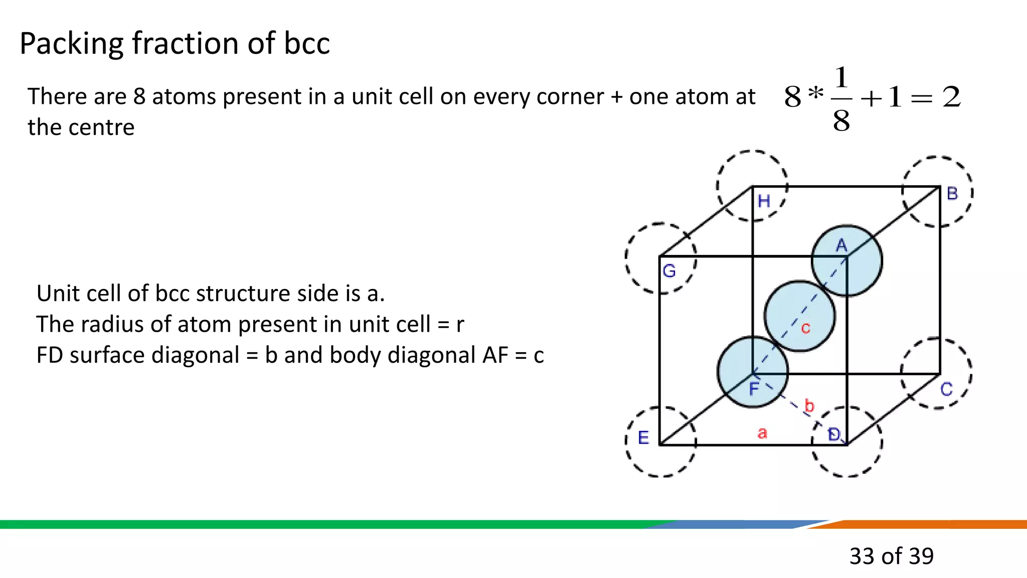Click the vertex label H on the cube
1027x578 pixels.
click(x=764, y=202)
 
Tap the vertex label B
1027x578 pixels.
click(x=952, y=194)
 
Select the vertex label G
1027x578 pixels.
click(x=669, y=271)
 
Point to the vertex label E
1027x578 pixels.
click(x=643, y=438)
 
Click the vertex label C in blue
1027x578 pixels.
click(x=946, y=389)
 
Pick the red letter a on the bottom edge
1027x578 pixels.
click(x=762, y=433)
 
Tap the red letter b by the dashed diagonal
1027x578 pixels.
click(x=809, y=405)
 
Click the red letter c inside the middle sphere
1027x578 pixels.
click(x=805, y=328)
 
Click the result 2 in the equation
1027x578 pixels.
click(x=951, y=97)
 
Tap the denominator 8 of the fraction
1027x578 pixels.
click(x=841, y=121)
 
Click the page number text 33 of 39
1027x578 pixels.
click(x=891, y=556)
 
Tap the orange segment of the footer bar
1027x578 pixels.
click(x=928, y=524)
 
